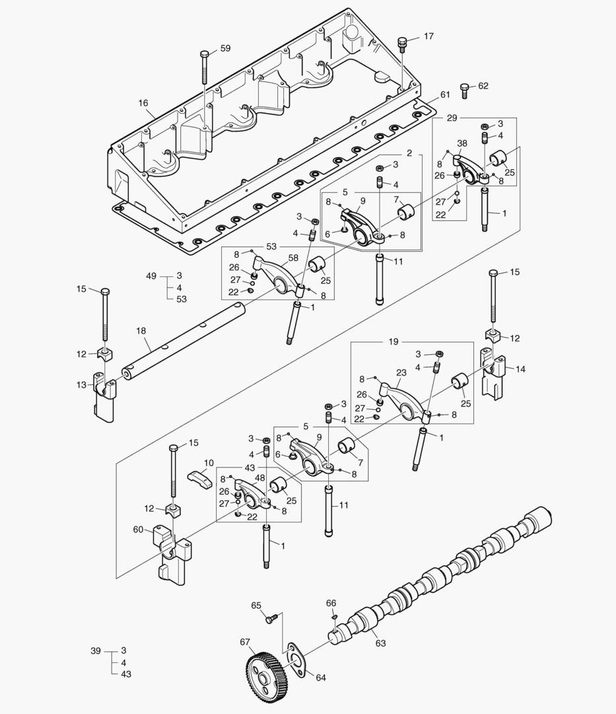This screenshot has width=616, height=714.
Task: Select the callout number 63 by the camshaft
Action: pos(380,643)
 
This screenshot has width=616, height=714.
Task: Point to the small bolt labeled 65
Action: pos(270,619)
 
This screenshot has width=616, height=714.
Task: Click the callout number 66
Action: pos(331,603)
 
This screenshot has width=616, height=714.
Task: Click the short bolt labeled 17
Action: pos(400,44)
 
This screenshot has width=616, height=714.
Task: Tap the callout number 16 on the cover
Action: pos(143,103)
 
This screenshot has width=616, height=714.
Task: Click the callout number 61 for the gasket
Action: pos(445,95)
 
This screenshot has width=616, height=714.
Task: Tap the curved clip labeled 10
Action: pos(199,477)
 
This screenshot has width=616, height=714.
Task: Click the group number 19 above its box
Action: pos(394,342)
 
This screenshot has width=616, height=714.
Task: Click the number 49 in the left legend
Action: pos(151,276)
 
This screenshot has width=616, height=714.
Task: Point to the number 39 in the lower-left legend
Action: pos(96,651)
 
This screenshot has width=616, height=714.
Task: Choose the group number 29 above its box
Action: pos(452,118)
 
